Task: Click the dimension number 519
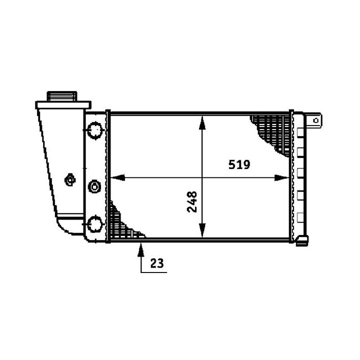click(x=239, y=164)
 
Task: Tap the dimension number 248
click(x=192, y=201)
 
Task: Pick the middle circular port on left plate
click(x=94, y=187)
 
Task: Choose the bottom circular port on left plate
click(x=94, y=223)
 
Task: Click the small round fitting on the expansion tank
click(x=70, y=179)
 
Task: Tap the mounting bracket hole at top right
click(x=315, y=120)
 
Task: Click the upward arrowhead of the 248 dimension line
click(x=202, y=120)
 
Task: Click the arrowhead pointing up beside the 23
click(x=142, y=245)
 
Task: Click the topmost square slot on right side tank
click(x=300, y=133)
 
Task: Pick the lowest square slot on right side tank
click(x=300, y=216)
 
